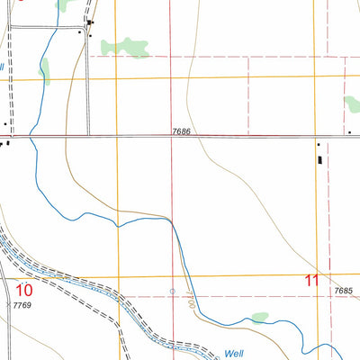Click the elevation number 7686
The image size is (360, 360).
click(182, 132)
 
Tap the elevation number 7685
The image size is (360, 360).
click(342, 290)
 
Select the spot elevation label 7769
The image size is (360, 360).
click(22, 307)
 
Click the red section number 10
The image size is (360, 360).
click(24, 290)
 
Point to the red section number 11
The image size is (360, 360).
click(311, 281)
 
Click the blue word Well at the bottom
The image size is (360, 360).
click(235, 354)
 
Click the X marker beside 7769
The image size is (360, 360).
click(7, 307)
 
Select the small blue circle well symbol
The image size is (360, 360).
click(173, 292)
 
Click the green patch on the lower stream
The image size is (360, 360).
click(259, 317)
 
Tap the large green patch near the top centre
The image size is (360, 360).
click(125, 47)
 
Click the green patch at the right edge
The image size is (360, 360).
click(352, 104)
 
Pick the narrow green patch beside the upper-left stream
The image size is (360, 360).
click(46, 71)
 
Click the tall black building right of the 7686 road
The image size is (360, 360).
click(319, 159)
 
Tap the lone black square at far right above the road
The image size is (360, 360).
click(349, 133)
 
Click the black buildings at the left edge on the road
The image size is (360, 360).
click(6, 141)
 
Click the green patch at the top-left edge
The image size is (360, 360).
click(64, 4)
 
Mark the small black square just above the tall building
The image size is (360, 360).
click(318, 143)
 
